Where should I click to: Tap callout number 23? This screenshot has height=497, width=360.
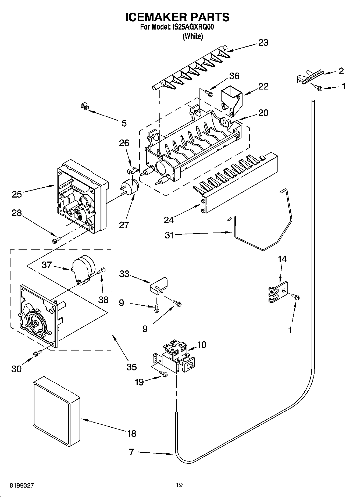[x=263, y=43]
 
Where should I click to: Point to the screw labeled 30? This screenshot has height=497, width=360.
[x=37, y=353]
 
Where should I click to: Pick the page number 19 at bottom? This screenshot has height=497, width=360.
[x=179, y=485]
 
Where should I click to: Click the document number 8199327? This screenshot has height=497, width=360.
[x=22, y=485]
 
